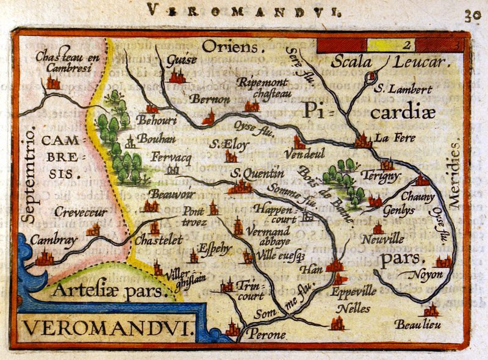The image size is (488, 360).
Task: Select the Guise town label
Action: (178, 60)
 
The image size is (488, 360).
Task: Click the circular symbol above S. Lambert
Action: (371, 77)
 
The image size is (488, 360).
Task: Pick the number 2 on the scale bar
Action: (405, 43)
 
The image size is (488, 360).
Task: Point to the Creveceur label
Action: (81, 212)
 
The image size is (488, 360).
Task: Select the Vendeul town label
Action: (303, 155)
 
